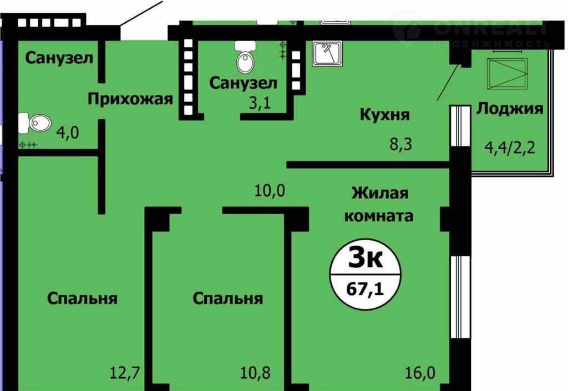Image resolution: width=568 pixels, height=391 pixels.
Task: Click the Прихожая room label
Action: pyautogui.click(x=130, y=99)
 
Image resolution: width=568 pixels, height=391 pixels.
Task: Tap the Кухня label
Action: pyautogui.click(x=385, y=115)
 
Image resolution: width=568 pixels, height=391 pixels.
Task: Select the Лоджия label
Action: pyautogui.click(x=510, y=109)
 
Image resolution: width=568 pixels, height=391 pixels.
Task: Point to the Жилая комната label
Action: pyautogui.click(x=379, y=204)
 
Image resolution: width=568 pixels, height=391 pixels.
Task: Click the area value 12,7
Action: pyautogui.click(x=125, y=372)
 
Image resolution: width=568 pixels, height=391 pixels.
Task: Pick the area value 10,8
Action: pyautogui.click(x=255, y=372)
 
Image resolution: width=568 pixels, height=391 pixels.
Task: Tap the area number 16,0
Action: pyautogui.click(x=420, y=372)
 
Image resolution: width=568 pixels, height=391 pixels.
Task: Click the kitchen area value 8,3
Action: pyautogui.click(x=400, y=144)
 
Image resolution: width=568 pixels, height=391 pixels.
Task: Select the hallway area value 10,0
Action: pyautogui.click(x=270, y=190)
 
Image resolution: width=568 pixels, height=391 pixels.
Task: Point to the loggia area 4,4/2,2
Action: pyautogui.click(x=510, y=148)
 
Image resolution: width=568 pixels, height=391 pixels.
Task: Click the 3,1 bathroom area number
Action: pyautogui.click(x=260, y=104)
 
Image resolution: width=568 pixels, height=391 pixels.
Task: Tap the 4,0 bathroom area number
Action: pyautogui.click(x=67, y=133)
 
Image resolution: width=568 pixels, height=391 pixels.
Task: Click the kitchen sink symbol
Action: pyautogui.click(x=327, y=54)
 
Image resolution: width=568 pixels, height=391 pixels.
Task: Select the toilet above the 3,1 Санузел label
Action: pyautogui.click(x=245, y=57)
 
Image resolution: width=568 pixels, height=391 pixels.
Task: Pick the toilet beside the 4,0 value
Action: pyautogui.click(x=35, y=123)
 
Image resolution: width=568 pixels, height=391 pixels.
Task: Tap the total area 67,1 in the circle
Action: pyautogui.click(x=365, y=290)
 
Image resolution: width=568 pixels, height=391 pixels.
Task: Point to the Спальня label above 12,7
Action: pyautogui.click(x=82, y=299)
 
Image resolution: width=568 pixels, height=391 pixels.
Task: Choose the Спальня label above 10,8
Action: pyautogui.click(x=227, y=299)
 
